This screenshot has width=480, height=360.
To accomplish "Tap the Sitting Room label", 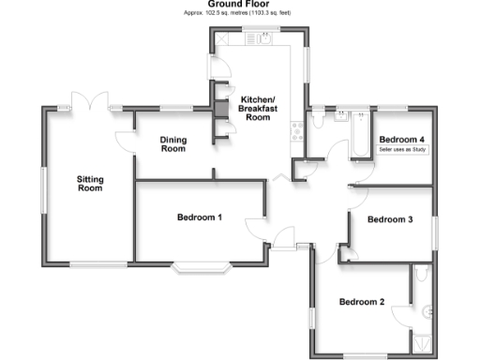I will coord(89,183).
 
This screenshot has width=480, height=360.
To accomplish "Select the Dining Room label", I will coord(173,143).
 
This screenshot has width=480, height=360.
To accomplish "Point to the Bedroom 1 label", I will coord(200,217).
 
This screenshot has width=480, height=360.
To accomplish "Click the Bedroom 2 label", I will coord(362,302).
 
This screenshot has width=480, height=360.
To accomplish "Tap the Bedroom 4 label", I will coord(402,139).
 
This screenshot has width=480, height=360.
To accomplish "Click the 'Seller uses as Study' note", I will coord(402,149).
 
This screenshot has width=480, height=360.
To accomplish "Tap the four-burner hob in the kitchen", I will coord(297,131).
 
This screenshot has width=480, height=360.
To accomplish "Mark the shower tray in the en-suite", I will coord(427,338).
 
